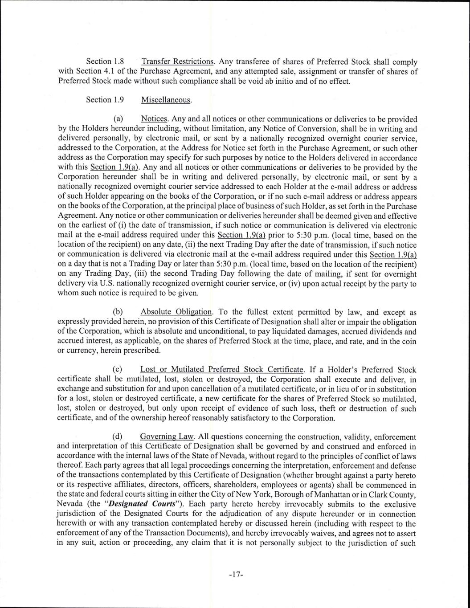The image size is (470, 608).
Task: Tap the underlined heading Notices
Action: (154, 119)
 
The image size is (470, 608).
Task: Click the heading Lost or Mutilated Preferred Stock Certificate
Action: (222, 369)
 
